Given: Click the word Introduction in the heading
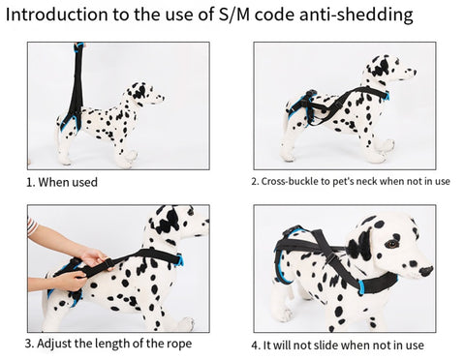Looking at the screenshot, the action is tap(57, 15).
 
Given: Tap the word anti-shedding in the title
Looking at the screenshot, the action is tap(356, 15).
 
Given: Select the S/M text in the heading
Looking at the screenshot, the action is tap(234, 15).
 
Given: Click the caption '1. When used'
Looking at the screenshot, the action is tap(62, 182).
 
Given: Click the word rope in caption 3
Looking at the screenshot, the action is tap(179, 344).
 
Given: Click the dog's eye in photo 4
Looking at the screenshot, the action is tap(392, 244).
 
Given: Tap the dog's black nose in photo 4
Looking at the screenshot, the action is tap(426, 271).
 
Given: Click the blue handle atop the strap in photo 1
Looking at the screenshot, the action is tap(79, 46).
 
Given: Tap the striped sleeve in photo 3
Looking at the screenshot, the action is tap(31, 225).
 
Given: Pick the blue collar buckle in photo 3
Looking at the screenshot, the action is tap(179, 260).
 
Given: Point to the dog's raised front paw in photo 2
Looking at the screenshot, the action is tap(386, 145).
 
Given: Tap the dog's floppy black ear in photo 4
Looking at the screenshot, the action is tap(360, 245).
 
